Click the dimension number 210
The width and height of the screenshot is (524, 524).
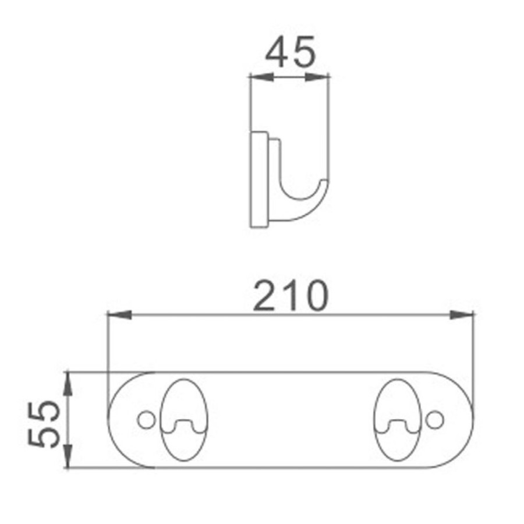pyautogui.click(x=291, y=296)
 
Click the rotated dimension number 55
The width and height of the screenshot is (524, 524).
pyautogui.click(x=44, y=424)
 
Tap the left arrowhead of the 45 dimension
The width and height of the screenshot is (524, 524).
pyautogui.click(x=261, y=77)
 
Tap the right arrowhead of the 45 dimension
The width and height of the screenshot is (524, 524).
pyautogui.click(x=317, y=77)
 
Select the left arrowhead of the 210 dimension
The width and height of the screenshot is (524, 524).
pyautogui.click(x=119, y=314)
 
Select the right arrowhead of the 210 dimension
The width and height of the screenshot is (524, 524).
pyautogui.click(x=462, y=314)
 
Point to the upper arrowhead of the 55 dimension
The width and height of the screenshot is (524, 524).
pyautogui.click(x=68, y=384)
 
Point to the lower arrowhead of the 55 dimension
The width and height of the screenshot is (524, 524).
pyautogui.click(x=68, y=456)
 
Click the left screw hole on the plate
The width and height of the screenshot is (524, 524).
pyautogui.click(x=146, y=420)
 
